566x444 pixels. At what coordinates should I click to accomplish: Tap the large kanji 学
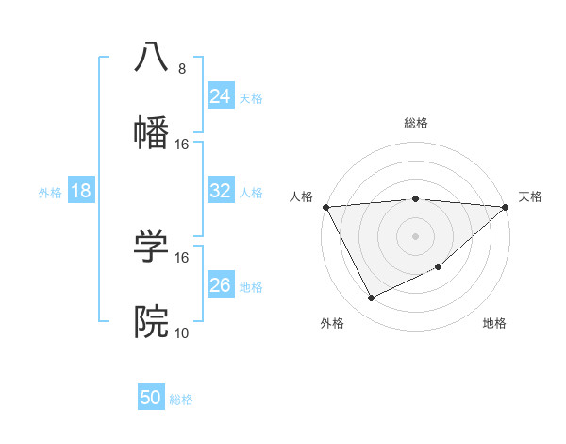151,247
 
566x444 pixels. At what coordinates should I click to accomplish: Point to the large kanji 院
151,322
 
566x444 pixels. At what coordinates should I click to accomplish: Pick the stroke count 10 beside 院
182,333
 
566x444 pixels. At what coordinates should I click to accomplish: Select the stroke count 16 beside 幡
182,144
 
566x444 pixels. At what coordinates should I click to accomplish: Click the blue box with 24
221,96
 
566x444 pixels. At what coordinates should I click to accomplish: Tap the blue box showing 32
221,191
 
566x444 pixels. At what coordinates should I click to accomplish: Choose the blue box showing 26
221,285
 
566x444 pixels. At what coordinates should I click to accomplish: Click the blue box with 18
81,191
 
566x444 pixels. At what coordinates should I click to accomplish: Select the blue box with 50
151,398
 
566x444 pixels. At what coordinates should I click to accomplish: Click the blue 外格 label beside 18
50,192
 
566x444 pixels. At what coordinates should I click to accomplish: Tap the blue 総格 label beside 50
181,400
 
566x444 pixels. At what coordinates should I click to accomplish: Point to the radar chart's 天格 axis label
530,196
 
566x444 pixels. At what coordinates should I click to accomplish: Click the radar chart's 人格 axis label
301,196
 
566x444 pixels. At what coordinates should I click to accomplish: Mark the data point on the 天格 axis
506,207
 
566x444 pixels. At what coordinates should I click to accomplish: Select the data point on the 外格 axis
371,299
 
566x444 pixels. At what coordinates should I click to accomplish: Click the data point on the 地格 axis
440,267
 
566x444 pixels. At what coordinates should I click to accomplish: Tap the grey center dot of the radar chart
415,235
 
